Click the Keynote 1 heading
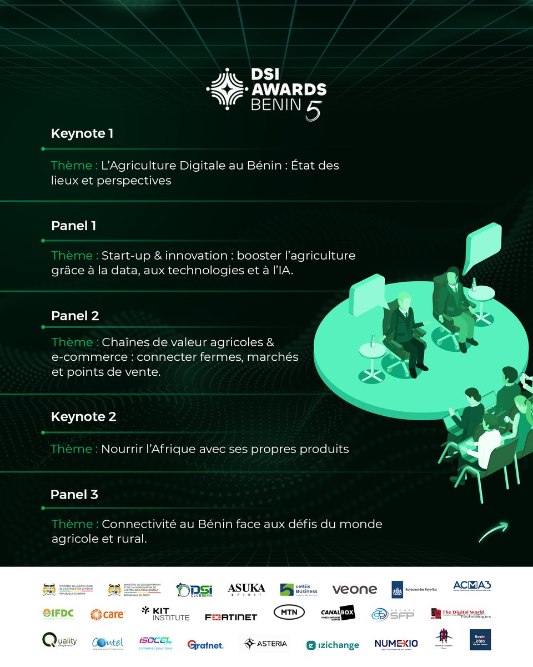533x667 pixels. click(x=82, y=133)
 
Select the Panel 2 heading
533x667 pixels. click(x=75, y=316)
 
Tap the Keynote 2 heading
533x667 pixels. click(x=83, y=416)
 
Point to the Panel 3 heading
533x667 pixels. click(x=74, y=494)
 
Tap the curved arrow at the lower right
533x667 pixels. click(x=493, y=532)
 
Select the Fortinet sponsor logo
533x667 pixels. click(x=231, y=617)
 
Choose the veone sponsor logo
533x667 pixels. click(x=354, y=589)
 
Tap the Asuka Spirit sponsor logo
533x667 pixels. click(x=246, y=590)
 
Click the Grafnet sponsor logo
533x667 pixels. click(x=205, y=645)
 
